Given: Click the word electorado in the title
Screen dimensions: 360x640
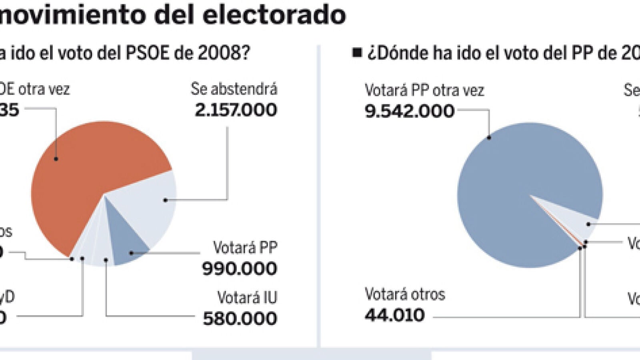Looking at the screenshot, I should click(x=274, y=15).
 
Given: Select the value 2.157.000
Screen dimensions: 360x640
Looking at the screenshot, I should click(x=236, y=110).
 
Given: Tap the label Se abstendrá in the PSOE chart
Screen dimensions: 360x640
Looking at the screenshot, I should click(x=234, y=89).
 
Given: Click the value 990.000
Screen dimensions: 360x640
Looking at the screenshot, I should click(x=239, y=268).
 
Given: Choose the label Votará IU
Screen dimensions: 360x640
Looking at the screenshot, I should click(x=247, y=298).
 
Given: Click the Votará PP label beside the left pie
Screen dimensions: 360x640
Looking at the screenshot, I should click(x=245, y=248).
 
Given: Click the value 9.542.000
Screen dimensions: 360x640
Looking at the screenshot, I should click(x=410, y=111).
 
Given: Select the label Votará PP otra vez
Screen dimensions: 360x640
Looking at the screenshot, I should click(x=424, y=90).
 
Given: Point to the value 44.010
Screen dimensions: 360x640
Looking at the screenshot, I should click(x=394, y=316).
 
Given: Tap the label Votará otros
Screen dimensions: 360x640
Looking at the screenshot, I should click(x=405, y=294).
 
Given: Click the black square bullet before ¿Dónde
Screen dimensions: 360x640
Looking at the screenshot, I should click(x=357, y=52).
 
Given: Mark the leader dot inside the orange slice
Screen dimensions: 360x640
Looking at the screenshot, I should click(x=56, y=159).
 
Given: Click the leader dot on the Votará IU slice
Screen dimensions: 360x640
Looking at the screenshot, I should click(x=106, y=260).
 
